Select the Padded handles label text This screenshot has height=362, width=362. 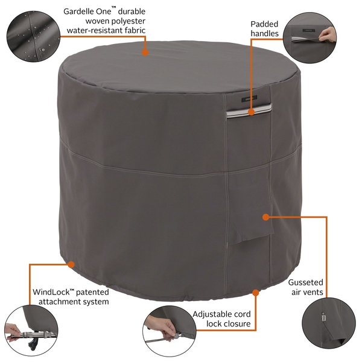[265, 29]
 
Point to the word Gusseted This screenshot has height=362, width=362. [305, 282]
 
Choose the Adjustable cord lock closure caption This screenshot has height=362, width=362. [221, 319]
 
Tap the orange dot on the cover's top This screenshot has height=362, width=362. [145, 52]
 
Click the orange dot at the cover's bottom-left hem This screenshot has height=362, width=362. [71, 264]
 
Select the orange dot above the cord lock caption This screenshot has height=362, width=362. [256, 292]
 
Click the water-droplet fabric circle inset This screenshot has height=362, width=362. [29, 34]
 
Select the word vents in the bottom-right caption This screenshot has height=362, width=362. [313, 293]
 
